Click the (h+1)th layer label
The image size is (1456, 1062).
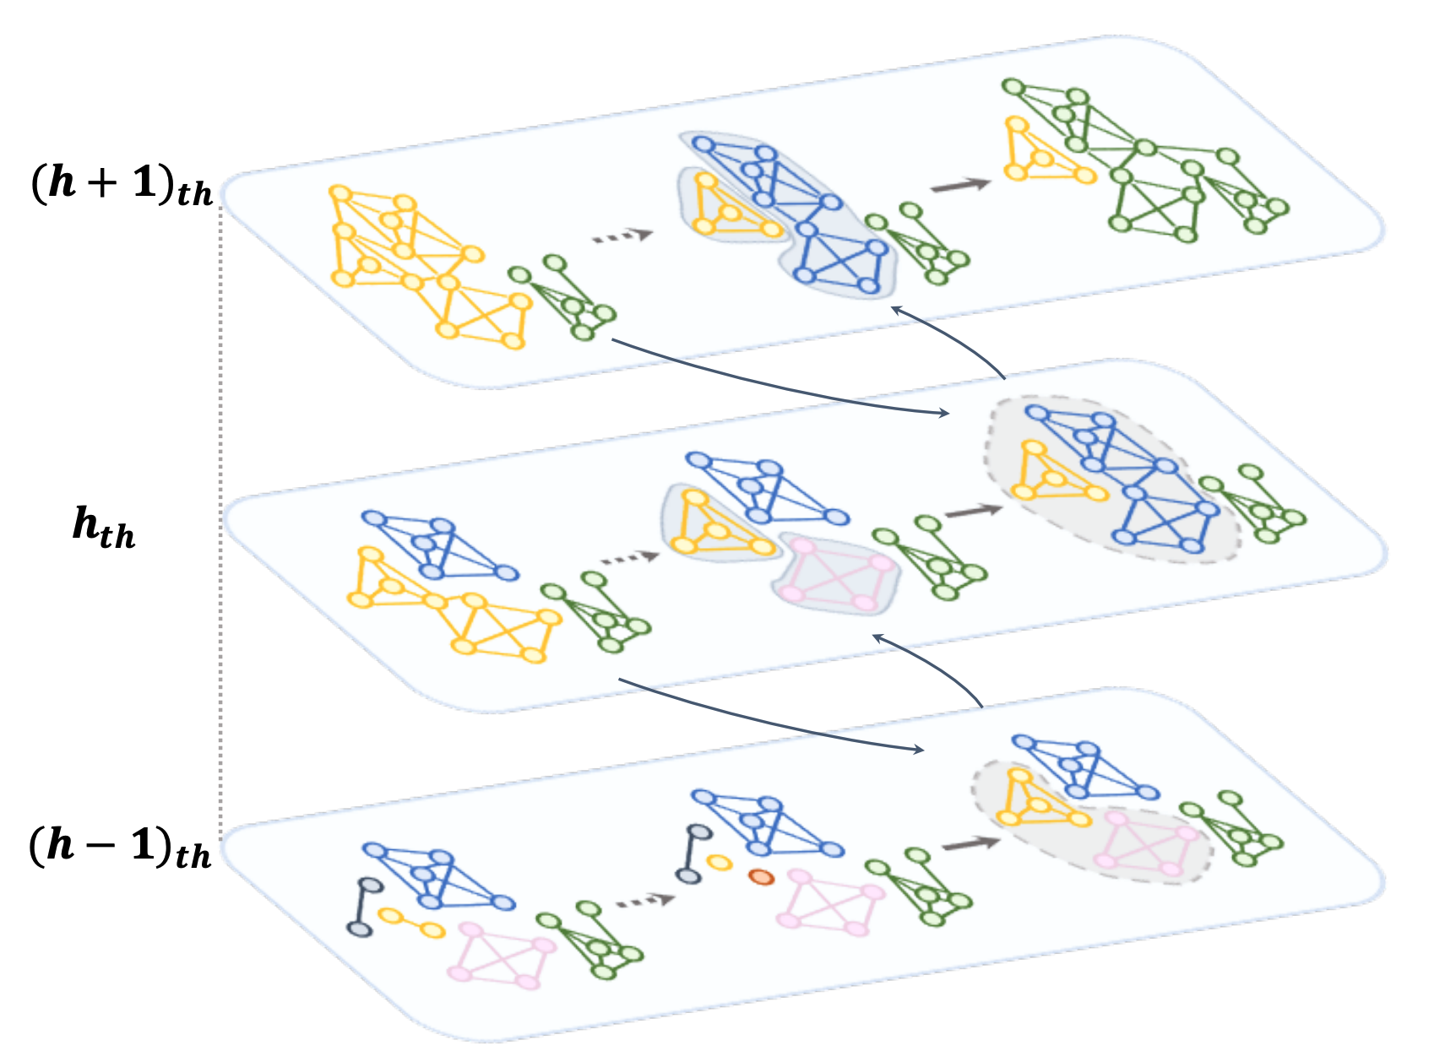pyautogui.click(x=122, y=184)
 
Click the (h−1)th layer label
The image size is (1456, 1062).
pyautogui.click(x=120, y=847)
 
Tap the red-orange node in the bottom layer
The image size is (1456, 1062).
pyautogui.click(x=761, y=877)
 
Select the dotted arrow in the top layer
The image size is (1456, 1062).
pyautogui.click(x=622, y=236)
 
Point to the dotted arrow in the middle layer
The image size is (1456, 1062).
pyautogui.click(x=628, y=557)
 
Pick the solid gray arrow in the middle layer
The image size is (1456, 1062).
pyautogui.click(x=974, y=511)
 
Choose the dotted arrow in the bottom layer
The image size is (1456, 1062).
pyautogui.click(x=644, y=901)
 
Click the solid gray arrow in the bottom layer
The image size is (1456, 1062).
pyautogui.click(x=970, y=843)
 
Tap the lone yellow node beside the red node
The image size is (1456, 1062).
pyautogui.click(x=719, y=863)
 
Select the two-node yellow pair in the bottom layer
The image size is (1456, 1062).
pyautogui.click(x=410, y=923)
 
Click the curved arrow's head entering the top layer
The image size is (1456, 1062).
pyautogui.click(x=897, y=311)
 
